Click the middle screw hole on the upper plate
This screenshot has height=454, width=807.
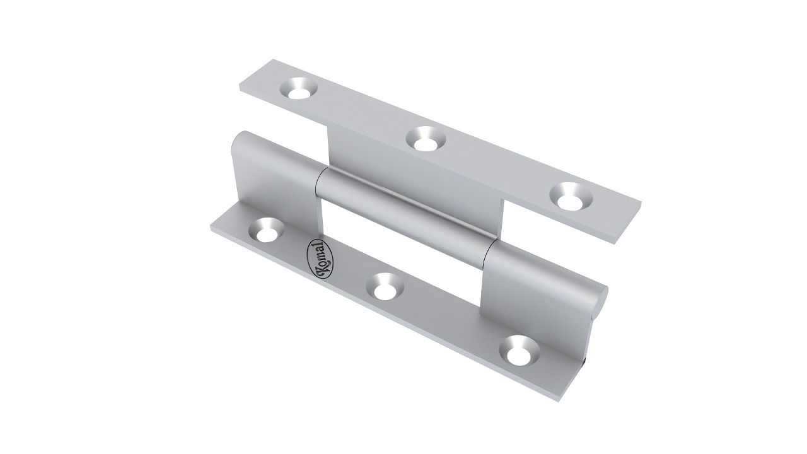tap(426, 139)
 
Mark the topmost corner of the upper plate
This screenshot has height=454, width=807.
tap(273, 60)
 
